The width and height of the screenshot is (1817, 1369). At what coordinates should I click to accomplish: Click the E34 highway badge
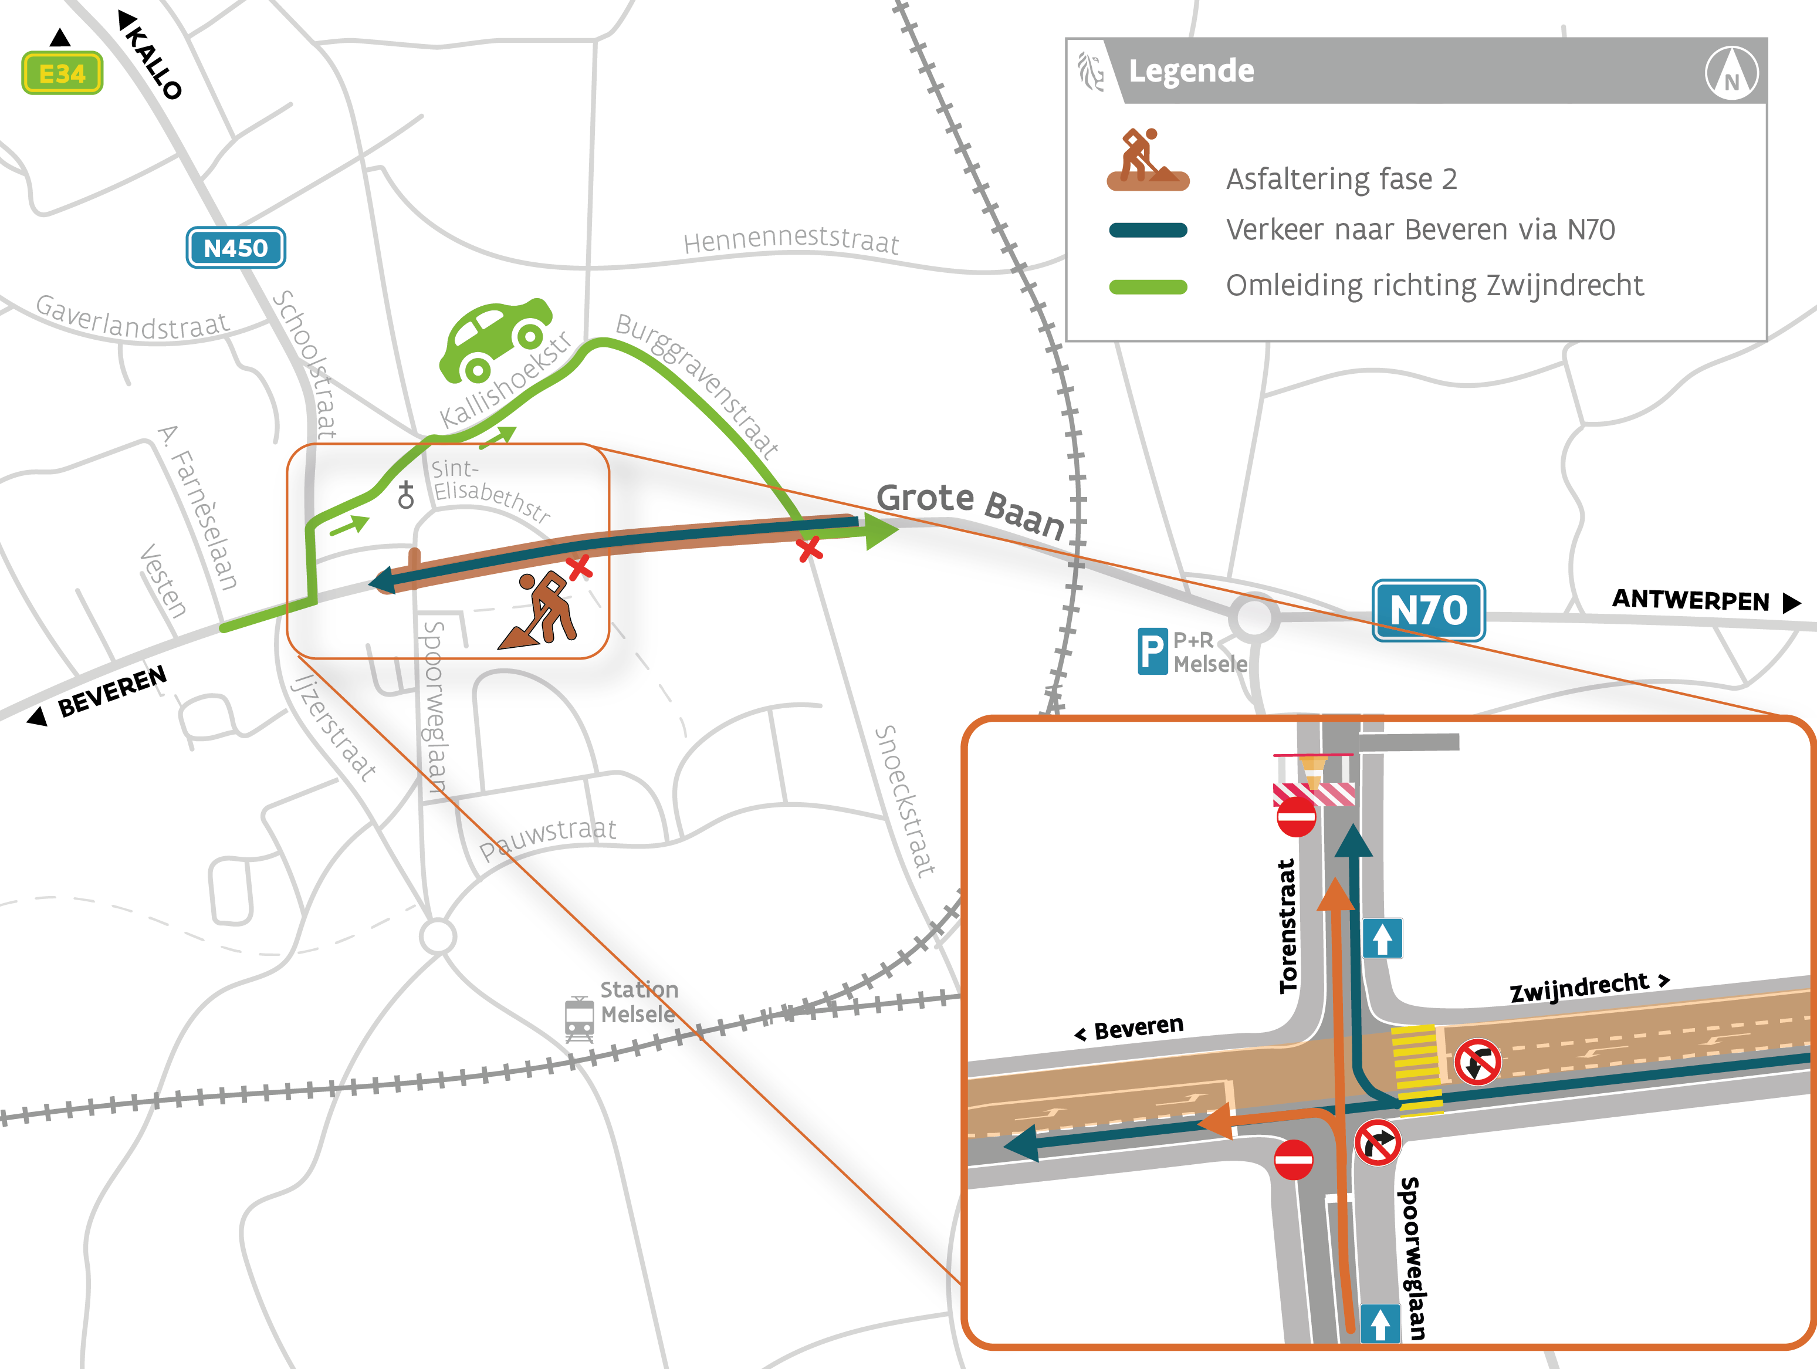[62, 73]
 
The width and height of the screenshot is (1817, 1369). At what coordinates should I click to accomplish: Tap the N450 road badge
[236, 248]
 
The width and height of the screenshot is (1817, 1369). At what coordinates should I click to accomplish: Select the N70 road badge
[1429, 610]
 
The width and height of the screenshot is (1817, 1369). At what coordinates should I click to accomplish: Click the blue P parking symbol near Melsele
[1152, 651]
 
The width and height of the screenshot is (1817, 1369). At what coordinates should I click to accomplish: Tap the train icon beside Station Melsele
[579, 1019]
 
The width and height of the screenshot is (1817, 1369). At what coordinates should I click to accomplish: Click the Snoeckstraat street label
[904, 801]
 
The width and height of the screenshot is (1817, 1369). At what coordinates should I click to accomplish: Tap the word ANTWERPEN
[1690, 600]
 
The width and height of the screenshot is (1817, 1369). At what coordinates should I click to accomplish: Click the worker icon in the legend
[1148, 160]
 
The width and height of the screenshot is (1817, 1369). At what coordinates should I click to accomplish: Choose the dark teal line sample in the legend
[1148, 230]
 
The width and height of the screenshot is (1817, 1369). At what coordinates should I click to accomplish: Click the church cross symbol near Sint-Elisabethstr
[406, 495]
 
